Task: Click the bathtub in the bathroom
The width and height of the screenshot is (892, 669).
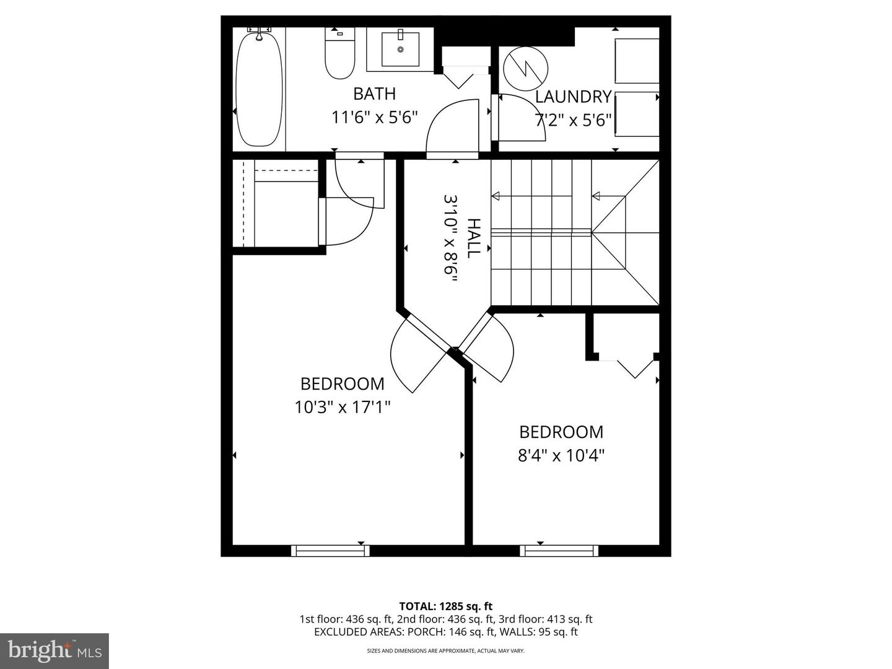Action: click(259, 90)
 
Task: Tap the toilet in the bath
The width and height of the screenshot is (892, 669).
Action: click(339, 56)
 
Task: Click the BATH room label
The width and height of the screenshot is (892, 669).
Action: click(374, 94)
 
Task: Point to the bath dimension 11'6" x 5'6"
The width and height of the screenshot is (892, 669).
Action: click(375, 117)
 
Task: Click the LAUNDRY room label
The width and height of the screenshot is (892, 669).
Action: click(573, 97)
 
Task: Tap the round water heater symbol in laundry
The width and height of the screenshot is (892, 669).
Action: click(525, 68)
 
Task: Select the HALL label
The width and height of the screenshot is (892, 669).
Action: click(473, 238)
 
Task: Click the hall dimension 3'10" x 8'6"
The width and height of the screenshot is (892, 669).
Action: click(451, 238)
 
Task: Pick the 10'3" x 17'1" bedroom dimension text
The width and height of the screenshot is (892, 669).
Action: click(342, 407)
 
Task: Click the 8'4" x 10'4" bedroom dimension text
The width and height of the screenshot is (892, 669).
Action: click(561, 456)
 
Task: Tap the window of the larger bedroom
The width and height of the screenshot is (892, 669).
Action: click(330, 550)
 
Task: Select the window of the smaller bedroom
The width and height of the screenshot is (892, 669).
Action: click(559, 550)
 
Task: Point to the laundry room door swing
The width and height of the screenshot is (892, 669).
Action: click(520, 118)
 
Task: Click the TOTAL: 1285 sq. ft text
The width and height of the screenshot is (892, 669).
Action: click(445, 606)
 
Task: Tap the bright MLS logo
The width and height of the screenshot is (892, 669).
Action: click(55, 650)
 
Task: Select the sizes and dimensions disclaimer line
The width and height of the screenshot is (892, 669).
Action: click(445, 651)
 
